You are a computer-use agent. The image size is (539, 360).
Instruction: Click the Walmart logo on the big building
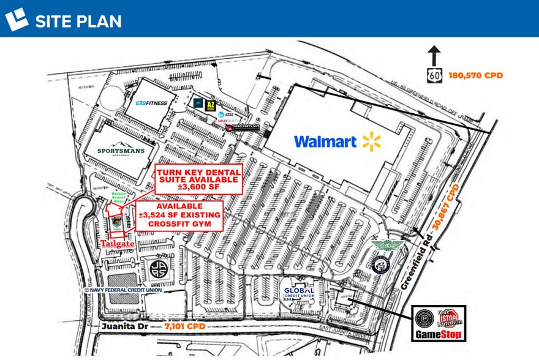[x=337, y=142]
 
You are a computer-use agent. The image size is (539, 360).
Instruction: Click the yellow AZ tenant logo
[x=211, y=106]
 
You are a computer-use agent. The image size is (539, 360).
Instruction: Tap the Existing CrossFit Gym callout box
[x=179, y=216]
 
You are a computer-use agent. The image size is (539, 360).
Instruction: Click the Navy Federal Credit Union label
[x=127, y=290]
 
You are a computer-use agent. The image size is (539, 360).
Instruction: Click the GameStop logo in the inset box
[x=437, y=334]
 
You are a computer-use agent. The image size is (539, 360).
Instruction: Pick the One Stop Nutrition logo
[x=450, y=318]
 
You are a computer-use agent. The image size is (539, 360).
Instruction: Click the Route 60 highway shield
[x=434, y=75]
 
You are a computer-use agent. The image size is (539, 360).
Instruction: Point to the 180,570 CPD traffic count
[x=476, y=75]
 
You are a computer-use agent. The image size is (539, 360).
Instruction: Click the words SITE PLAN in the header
[x=78, y=21]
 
